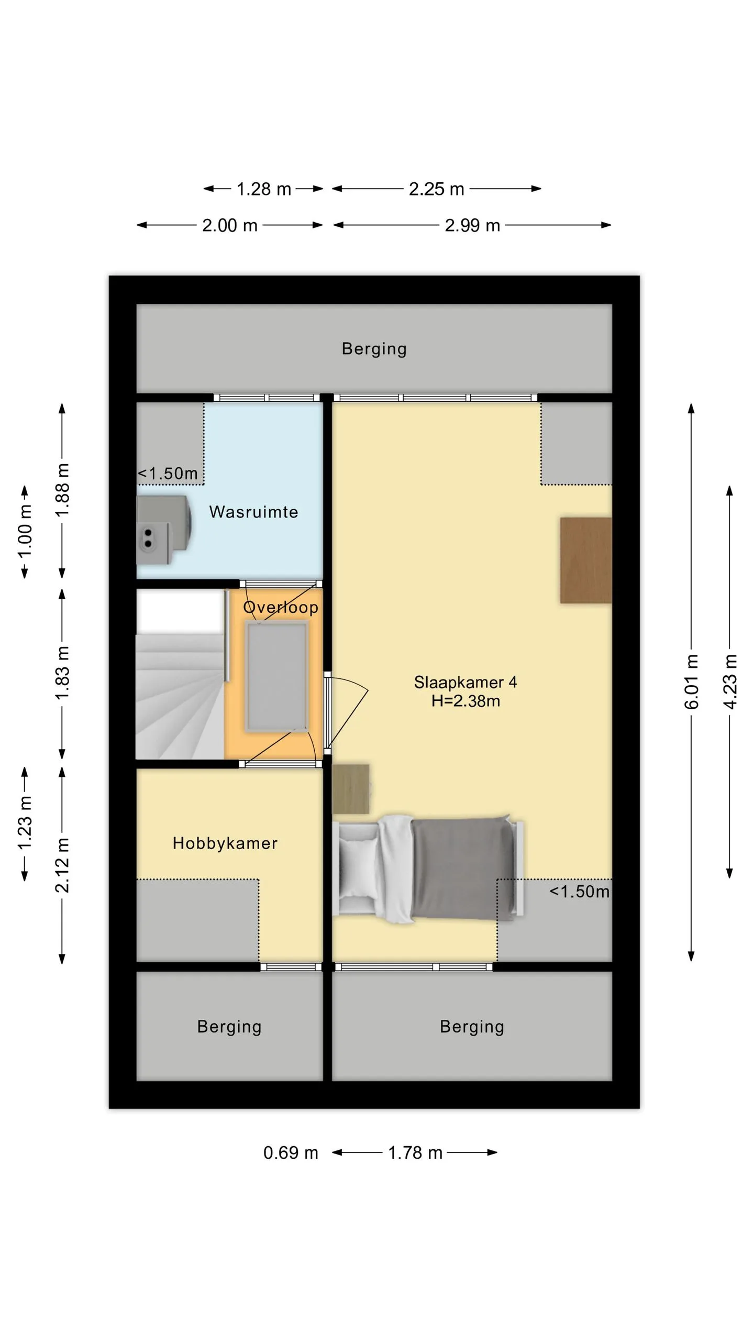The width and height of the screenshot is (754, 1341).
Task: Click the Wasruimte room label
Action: pyautogui.click(x=253, y=512)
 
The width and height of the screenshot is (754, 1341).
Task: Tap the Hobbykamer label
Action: pyautogui.click(x=225, y=843)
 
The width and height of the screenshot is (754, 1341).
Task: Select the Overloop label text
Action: pyautogui.click(x=281, y=608)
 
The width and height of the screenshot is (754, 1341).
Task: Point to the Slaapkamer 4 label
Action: pyautogui.click(x=465, y=682)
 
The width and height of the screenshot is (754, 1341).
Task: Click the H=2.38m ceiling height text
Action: pyautogui.click(x=465, y=701)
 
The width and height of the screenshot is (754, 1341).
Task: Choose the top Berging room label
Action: pyautogui.click(x=374, y=349)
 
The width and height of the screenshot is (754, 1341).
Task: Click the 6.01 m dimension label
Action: pyautogui.click(x=692, y=682)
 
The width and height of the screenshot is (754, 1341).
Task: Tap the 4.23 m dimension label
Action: pyautogui.click(x=730, y=682)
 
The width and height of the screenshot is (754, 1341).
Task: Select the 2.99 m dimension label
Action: pyautogui.click(x=472, y=225)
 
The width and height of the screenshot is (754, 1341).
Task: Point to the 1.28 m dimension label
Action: pyautogui.click(x=264, y=189)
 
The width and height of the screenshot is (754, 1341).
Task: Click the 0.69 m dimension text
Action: pyautogui.click(x=291, y=1153)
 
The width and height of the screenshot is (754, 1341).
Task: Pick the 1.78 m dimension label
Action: pyautogui.click(x=415, y=1153)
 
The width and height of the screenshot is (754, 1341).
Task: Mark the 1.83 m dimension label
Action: pyautogui.click(x=62, y=673)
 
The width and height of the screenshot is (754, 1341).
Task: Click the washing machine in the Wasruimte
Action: pyautogui.click(x=163, y=530)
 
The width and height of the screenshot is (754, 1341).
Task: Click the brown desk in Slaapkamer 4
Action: pyautogui.click(x=586, y=560)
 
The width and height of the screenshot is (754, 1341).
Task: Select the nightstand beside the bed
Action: pyautogui.click(x=351, y=789)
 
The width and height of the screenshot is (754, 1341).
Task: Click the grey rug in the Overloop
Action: pyautogui.click(x=277, y=676)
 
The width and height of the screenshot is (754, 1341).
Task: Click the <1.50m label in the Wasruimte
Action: pyautogui.click(x=168, y=474)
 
